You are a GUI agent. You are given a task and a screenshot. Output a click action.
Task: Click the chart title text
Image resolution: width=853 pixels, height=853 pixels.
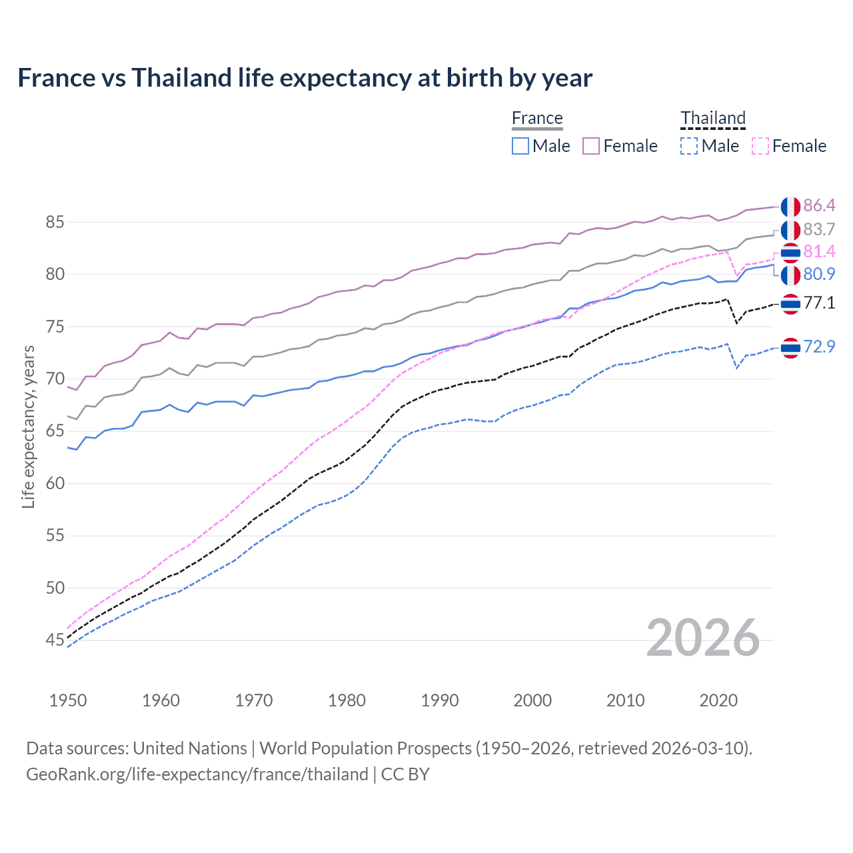(305, 78)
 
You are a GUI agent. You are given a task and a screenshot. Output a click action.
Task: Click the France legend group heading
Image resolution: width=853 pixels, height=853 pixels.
(537, 118)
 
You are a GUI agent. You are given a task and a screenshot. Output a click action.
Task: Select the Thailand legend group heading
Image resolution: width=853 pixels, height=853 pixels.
(712, 118)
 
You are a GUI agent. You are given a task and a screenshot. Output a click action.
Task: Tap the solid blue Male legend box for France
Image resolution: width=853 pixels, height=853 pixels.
(520, 146)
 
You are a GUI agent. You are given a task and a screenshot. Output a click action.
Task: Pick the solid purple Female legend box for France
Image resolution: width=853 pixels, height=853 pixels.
(591, 146)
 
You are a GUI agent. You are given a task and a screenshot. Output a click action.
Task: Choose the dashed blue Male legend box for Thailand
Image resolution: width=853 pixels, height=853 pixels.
(689, 146)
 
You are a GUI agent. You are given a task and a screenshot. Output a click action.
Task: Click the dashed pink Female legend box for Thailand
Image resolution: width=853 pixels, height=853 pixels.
(760, 146)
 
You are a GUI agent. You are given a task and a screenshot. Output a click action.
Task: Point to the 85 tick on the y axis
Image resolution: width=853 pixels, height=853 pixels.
(55, 222)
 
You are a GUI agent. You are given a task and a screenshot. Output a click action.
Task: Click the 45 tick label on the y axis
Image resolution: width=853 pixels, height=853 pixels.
(55, 640)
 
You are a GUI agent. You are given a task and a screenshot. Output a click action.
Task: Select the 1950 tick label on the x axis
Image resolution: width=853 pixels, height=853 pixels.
(68, 700)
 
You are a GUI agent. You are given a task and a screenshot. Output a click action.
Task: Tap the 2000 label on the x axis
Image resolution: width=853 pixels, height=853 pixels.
(532, 700)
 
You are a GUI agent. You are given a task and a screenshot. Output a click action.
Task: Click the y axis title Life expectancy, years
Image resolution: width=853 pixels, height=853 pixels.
(28, 426)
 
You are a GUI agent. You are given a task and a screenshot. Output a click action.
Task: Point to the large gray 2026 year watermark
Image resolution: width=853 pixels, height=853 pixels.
(703, 638)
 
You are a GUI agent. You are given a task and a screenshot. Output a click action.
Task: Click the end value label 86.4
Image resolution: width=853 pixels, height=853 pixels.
(819, 205)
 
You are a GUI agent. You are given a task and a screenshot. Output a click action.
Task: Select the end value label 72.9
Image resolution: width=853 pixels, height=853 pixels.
(819, 347)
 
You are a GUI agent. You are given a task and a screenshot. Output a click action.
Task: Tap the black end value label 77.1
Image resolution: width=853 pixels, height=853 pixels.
(819, 303)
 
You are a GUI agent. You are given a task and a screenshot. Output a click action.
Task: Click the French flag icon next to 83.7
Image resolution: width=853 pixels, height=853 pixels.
(790, 230)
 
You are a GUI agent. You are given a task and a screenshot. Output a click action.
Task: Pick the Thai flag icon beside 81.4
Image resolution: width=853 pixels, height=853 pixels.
(790, 253)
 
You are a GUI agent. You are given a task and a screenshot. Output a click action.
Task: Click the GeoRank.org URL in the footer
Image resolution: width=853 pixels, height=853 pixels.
(197, 774)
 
